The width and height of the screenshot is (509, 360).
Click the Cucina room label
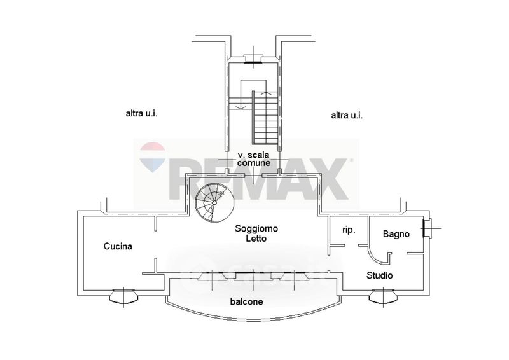click(118, 246)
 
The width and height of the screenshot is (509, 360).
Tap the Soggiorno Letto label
click(256, 233)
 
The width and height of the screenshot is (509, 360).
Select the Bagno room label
click(396, 233)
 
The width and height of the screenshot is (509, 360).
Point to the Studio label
click(379, 275)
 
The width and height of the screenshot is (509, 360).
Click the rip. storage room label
click(349, 230)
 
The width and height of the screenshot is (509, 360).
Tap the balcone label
click(247, 302)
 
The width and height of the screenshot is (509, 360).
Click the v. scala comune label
click(253, 159)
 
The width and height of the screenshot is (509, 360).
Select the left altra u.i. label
click(141, 114)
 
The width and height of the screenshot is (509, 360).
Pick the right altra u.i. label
click(347, 115)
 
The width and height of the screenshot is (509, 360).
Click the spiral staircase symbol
click(214, 202)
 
